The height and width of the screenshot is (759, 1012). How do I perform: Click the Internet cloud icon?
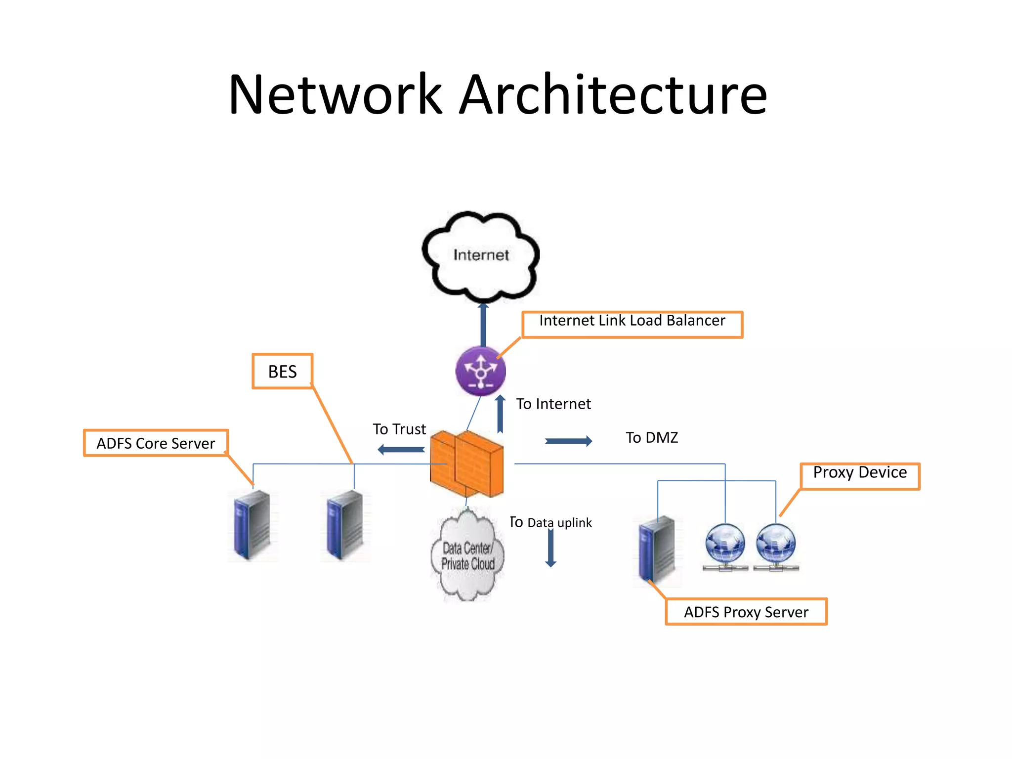pyautogui.click(x=480, y=255)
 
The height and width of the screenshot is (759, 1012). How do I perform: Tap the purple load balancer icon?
pyautogui.click(x=480, y=371)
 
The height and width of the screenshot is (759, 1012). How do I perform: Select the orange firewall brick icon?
pyautogui.click(x=467, y=463)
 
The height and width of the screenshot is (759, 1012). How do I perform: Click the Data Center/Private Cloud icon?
pyautogui.click(x=467, y=556)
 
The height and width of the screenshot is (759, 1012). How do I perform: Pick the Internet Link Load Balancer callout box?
pyautogui.click(x=632, y=324)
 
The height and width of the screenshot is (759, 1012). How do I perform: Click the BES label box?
pyautogui.click(x=282, y=371)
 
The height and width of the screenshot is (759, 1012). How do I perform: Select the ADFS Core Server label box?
pyautogui.click(x=156, y=443)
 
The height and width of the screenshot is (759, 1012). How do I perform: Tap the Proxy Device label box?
pyautogui.click(x=860, y=475)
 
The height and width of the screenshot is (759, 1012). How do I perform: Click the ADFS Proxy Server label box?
pyautogui.click(x=746, y=612)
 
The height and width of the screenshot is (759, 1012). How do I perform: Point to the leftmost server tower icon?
pyautogui.click(x=252, y=525)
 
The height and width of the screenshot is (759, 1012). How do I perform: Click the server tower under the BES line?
pyautogui.click(x=345, y=525)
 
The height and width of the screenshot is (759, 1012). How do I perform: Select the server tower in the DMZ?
pyautogui.click(x=657, y=548)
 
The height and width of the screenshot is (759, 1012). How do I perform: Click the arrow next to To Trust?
pyautogui.click(x=401, y=450)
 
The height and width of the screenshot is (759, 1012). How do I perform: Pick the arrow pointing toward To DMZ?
pyautogui.click(x=568, y=441)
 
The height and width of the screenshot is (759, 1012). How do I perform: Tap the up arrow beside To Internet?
pyautogui.click(x=500, y=414)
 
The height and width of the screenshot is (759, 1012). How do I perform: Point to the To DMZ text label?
pyautogui.click(x=652, y=437)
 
